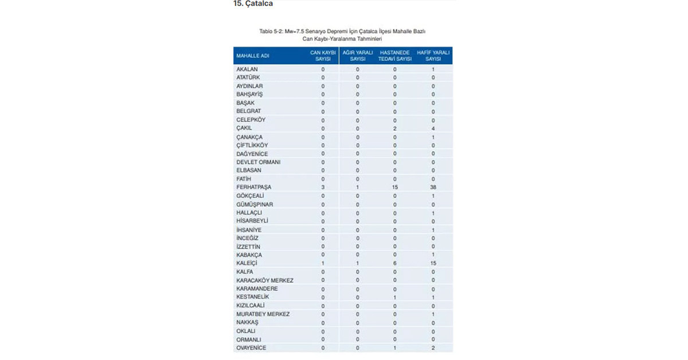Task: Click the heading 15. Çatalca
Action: pyautogui.click(x=253, y=4)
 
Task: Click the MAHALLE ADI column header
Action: pyautogui.click(x=253, y=56)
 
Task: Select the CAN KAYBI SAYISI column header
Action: pyautogui.click(x=323, y=56)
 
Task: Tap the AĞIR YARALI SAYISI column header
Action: pyautogui.click(x=358, y=56)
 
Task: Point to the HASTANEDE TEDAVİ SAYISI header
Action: pyautogui.click(x=395, y=56)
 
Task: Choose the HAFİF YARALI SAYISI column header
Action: pyautogui.click(x=433, y=56)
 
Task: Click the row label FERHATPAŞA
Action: pyautogui.click(x=253, y=187)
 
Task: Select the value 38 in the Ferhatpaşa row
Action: pyautogui.click(x=433, y=187)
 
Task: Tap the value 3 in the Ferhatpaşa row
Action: pyautogui.click(x=323, y=187)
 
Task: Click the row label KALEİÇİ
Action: pyautogui.click(x=247, y=263)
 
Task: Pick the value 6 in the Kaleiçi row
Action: pyautogui.click(x=395, y=263)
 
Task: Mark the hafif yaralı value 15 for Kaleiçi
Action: pyautogui.click(x=433, y=263)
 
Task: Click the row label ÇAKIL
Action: pyautogui.click(x=244, y=128)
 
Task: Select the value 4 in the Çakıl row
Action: pyautogui.click(x=433, y=128)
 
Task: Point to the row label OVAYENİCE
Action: pyautogui.click(x=251, y=348)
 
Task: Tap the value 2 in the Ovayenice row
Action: pyautogui.click(x=433, y=348)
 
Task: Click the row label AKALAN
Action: pyautogui.click(x=247, y=69)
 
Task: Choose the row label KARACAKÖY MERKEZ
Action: pyautogui.click(x=265, y=280)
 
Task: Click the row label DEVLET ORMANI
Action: pyautogui.click(x=259, y=162)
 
